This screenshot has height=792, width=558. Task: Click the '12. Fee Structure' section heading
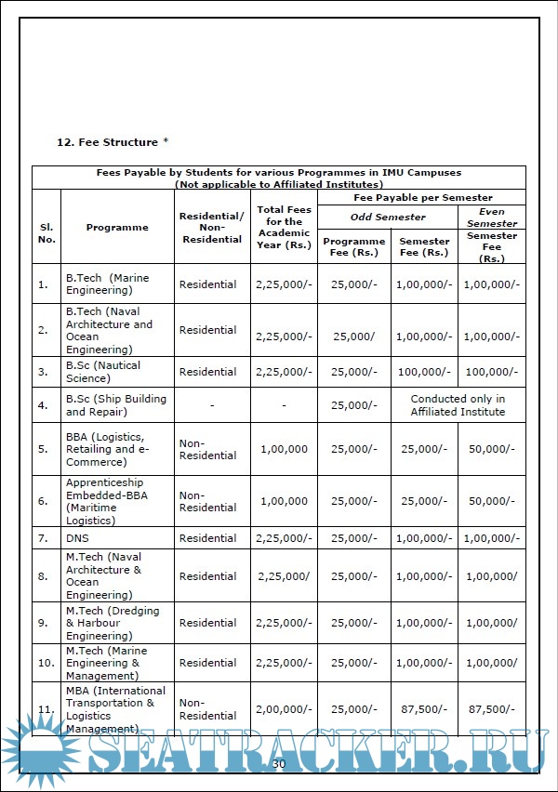113,142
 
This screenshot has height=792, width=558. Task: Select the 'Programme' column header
117,228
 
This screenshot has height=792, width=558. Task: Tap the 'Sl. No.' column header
46,233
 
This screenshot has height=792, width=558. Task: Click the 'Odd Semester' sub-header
388,218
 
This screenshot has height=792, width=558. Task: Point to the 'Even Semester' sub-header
492,218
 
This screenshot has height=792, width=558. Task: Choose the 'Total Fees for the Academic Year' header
284,228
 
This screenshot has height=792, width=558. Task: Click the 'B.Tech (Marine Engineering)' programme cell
107,284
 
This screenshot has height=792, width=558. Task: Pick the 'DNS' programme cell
78,538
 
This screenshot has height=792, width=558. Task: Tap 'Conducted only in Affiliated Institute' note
458,405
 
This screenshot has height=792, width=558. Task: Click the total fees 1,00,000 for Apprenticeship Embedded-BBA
284,502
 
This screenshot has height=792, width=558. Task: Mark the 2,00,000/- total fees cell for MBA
284,710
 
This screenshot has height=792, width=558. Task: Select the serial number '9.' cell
43,623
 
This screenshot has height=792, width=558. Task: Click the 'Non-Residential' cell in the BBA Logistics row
207,450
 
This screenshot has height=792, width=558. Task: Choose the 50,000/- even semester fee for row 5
492,449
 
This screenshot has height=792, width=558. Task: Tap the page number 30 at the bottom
278,764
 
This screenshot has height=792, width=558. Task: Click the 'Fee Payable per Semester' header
423,198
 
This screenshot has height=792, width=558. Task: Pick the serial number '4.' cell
43,405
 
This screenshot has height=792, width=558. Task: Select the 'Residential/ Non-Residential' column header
211,228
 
